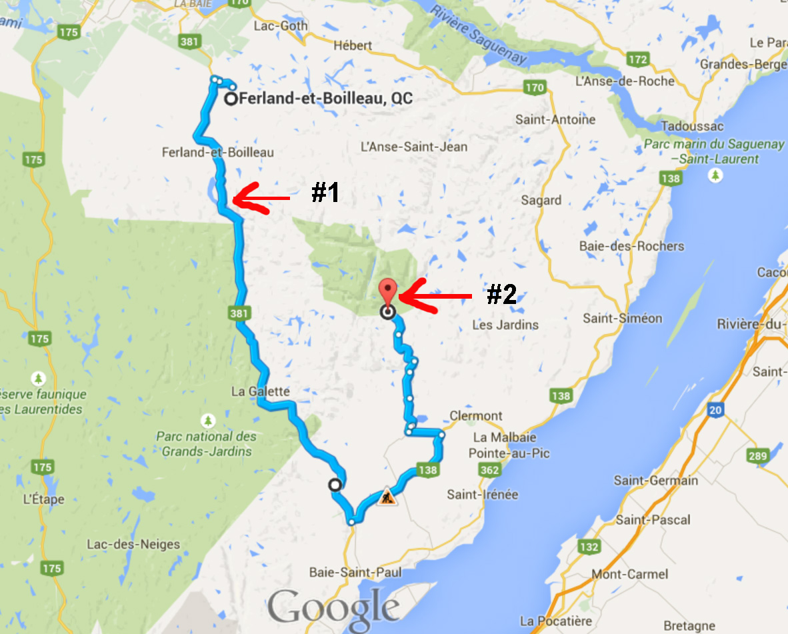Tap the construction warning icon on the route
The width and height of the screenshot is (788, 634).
coord(387,497)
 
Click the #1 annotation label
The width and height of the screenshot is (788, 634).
coord(325,193)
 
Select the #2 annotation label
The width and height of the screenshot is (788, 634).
coord(501,295)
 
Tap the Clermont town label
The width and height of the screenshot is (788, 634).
coord(476,416)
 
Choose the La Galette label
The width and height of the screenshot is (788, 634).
coord(261,391)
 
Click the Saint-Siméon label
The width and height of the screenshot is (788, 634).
coord(623,318)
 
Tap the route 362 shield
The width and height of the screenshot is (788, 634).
coord(491,471)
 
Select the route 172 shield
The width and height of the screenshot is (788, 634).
coord(638,60)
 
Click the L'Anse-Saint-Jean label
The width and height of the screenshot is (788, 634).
coord(413,147)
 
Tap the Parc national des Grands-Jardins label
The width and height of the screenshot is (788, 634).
coord(206,444)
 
